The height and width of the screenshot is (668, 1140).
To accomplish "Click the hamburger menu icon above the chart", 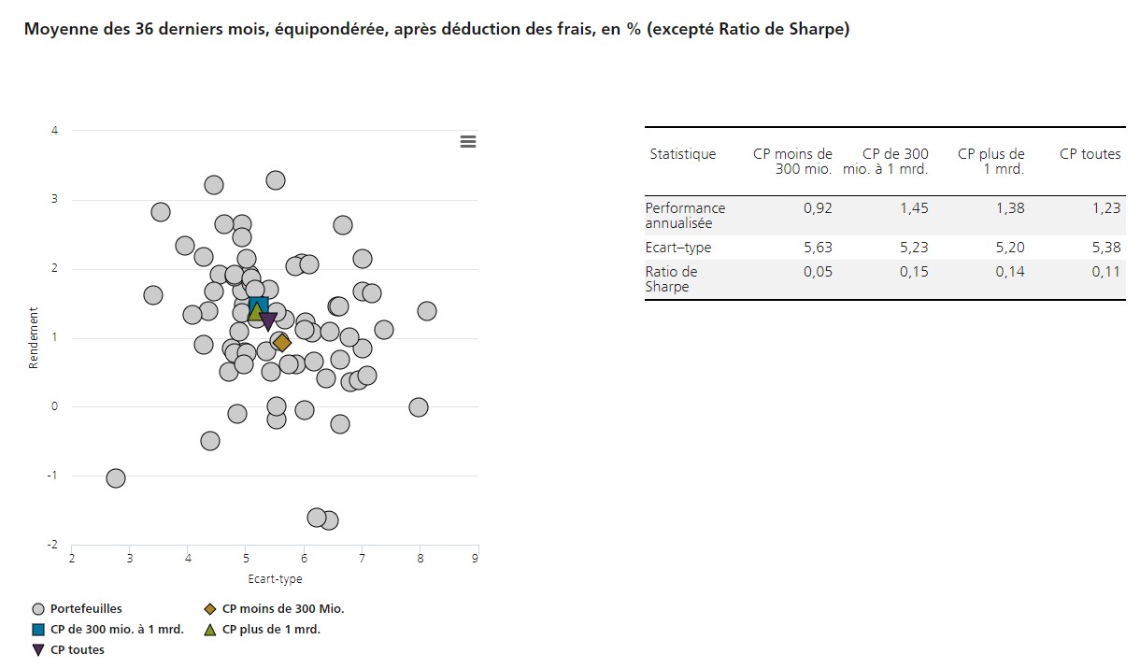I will coord(468,141).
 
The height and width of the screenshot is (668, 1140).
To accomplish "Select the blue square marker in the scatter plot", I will coord(259,306).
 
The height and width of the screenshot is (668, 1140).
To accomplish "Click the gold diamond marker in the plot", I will coord(282,343).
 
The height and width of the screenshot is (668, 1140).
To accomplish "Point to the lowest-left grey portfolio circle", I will coord(116,478).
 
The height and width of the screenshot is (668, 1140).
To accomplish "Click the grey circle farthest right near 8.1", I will coord(427,311).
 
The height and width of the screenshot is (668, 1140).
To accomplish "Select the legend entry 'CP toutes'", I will coord(77,650).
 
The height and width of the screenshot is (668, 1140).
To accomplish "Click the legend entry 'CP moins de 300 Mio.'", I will coord(283,609).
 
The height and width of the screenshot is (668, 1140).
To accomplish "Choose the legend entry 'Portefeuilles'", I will coord(86,609).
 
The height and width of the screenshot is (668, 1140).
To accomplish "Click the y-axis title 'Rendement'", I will coord(34,338).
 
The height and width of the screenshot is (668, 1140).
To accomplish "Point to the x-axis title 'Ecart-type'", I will coord(275,579).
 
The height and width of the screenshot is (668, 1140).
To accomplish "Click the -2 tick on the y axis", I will coord(54,545).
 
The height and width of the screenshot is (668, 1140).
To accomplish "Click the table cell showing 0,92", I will coord(818,208).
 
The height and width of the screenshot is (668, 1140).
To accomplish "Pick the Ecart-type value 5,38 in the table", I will coord(1106,248).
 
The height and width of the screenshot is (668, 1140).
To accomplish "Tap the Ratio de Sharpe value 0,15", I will coord(915,272).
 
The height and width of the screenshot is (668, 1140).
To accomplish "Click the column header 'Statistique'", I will coord(683,154).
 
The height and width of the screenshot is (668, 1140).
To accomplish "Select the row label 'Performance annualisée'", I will coord(685,216).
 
